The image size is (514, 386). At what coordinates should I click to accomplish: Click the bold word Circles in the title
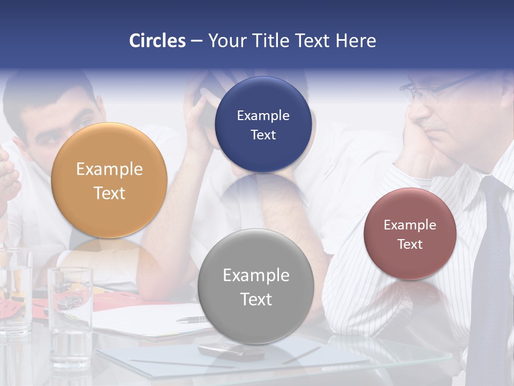[157, 41]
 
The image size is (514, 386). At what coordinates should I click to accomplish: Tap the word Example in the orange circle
[109, 169]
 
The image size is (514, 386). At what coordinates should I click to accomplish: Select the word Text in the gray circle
[256, 299]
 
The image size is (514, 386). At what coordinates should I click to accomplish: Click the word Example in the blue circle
[263, 116]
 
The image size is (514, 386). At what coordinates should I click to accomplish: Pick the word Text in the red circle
[410, 244]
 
